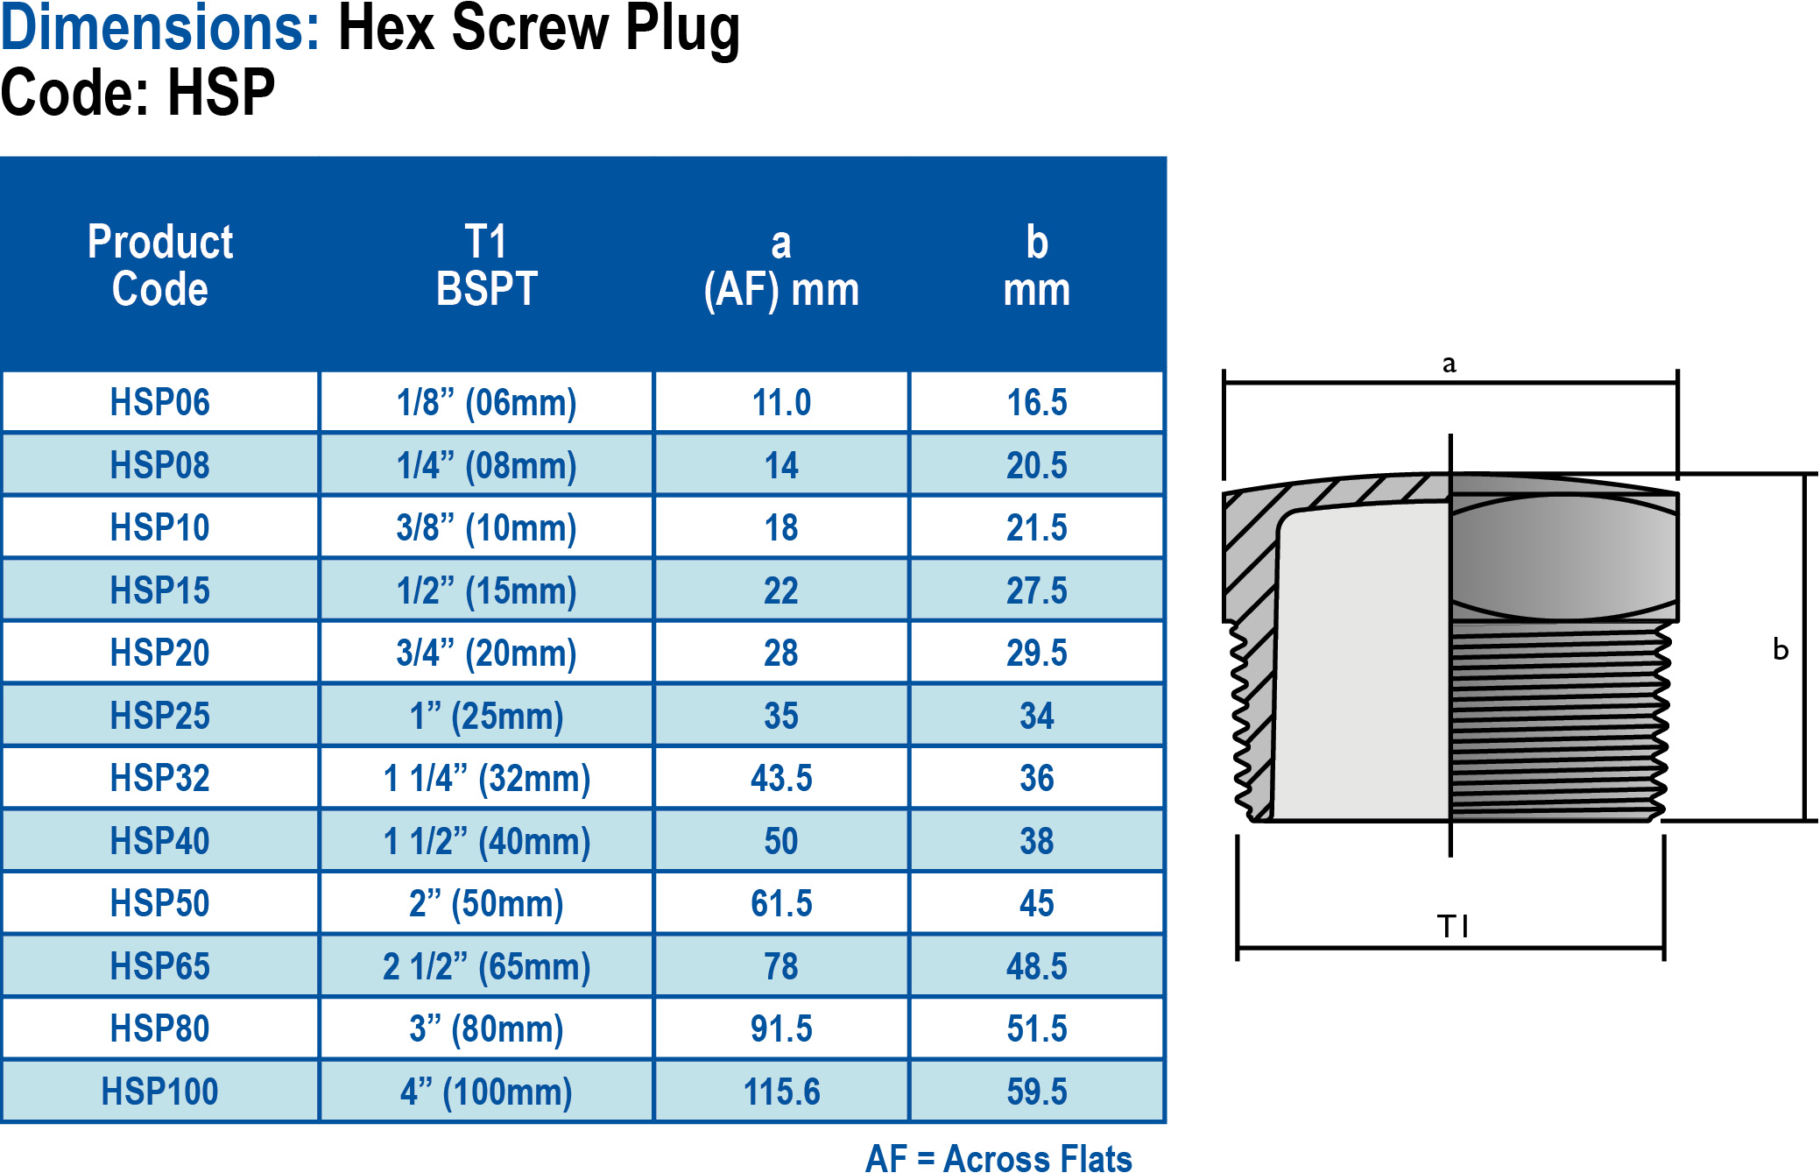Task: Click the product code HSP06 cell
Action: [159, 402]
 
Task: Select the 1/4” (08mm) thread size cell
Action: [486, 465]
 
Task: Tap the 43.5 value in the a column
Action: [781, 778]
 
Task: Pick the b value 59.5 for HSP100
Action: [1036, 1092]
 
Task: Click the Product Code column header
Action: [159, 265]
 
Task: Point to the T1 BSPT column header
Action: [486, 265]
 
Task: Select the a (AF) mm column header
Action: [781, 265]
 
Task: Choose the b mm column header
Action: [1036, 265]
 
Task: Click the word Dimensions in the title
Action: [159, 28]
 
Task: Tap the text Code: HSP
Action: [138, 93]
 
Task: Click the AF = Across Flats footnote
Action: [998, 1157]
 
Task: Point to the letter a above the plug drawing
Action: [1449, 364]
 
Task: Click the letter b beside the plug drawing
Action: [1780, 649]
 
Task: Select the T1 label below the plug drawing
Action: [1452, 926]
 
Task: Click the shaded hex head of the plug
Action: [1563, 557]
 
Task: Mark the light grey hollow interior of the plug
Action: [1362, 666]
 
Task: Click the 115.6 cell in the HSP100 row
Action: [781, 1092]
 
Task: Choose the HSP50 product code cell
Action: [159, 903]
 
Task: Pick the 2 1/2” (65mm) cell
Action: [486, 966]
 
